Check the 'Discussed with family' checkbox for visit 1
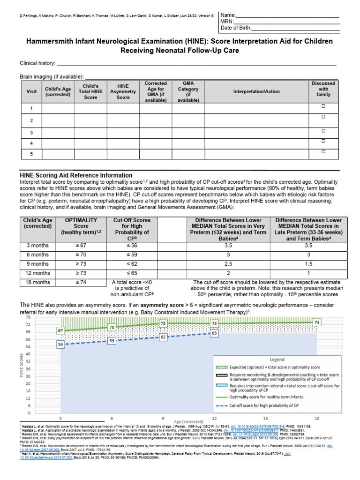(x=323, y=107)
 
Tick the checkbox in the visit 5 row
(x=323, y=152)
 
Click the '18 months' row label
(x=38, y=282)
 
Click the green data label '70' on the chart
(x=112, y=327)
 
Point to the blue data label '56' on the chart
(x=60, y=344)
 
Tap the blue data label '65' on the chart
(x=214, y=332)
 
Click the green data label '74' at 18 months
(x=317, y=322)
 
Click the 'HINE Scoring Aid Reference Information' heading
(x=76, y=175)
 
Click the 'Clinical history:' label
(x=37, y=63)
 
